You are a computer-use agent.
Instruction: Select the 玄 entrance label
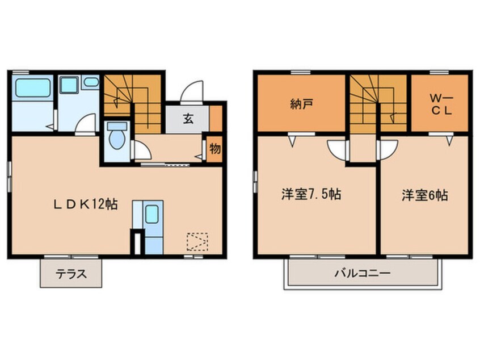(x=187, y=119)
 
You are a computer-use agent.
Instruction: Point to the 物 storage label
(x=214, y=149)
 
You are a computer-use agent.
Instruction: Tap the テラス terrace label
(x=71, y=274)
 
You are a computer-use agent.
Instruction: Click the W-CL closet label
(x=440, y=104)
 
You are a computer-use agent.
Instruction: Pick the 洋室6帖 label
(x=425, y=195)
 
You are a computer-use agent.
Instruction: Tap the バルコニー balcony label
(x=362, y=274)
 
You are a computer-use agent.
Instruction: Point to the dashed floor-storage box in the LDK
(x=197, y=242)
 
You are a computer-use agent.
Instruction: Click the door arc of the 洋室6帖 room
(x=386, y=150)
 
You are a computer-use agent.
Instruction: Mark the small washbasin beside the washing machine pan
(x=91, y=82)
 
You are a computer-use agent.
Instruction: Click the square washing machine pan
(x=69, y=86)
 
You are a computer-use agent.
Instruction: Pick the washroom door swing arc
(x=86, y=124)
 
